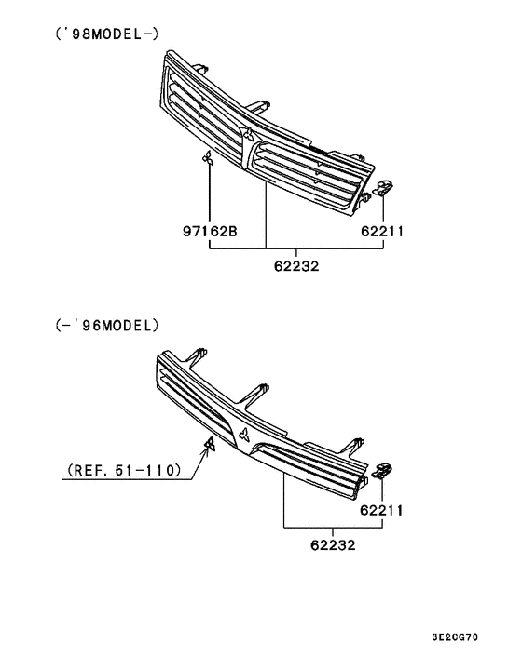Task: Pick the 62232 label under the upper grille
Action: (296, 265)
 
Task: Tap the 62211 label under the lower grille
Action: (382, 509)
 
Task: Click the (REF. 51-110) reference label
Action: (123, 472)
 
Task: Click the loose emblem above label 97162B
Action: (209, 160)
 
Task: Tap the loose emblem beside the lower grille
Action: (210, 442)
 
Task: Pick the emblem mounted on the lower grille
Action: (243, 437)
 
